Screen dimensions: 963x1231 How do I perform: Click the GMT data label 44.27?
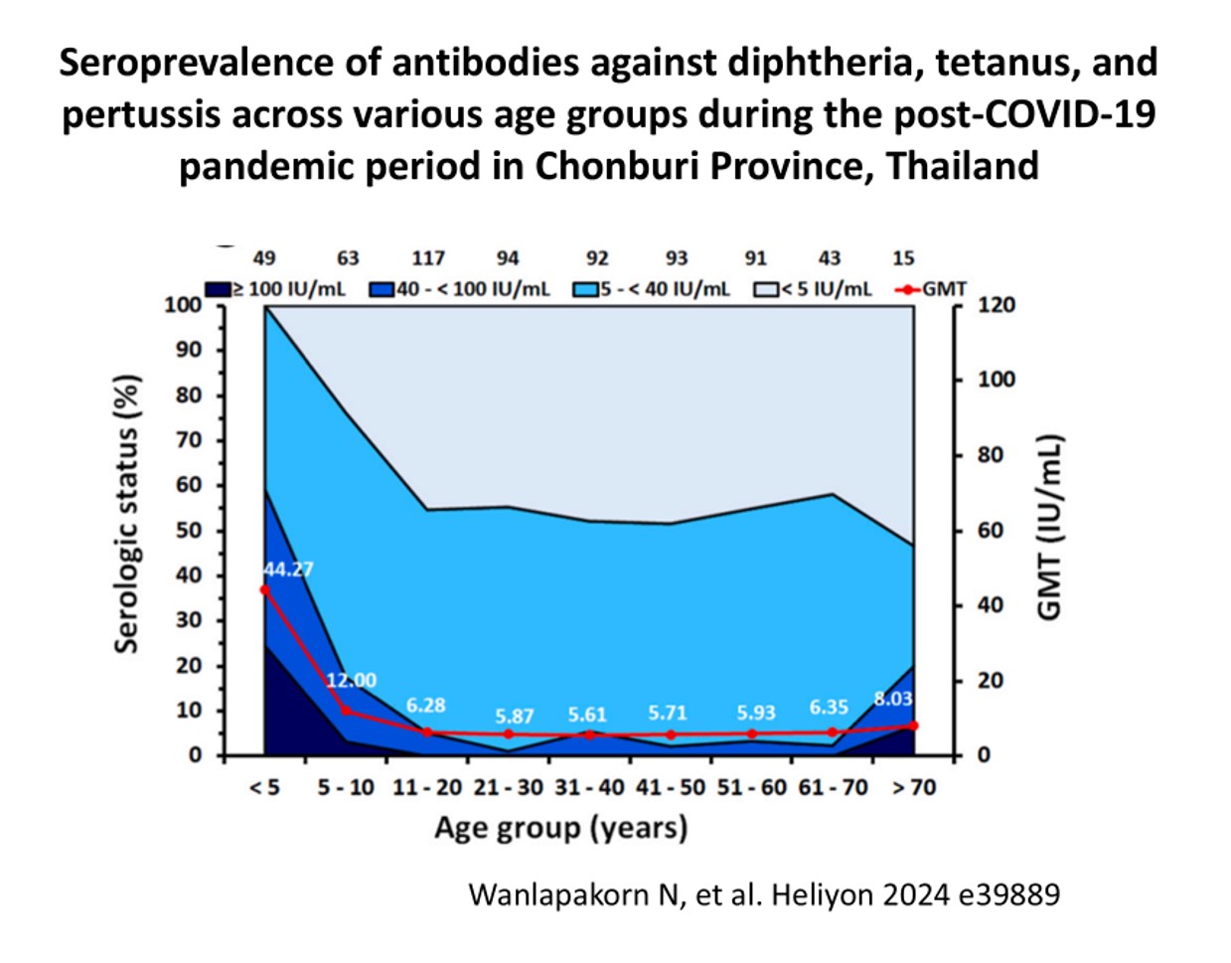288,569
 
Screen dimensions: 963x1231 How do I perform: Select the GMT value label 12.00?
351,681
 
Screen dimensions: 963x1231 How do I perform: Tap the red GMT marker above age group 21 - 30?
509,734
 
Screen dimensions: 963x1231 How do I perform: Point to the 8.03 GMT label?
892,699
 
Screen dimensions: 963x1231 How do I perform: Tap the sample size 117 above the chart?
428,258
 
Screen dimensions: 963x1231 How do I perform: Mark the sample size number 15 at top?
903,258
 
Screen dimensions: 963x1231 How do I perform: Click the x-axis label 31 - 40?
590,788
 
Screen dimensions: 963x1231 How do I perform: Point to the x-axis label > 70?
912,788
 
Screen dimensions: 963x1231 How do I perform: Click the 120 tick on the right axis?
997,304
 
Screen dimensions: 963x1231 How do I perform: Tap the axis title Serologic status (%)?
126,514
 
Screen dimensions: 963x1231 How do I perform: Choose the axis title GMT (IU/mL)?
1049,528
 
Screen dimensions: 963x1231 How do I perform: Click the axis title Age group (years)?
560,828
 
